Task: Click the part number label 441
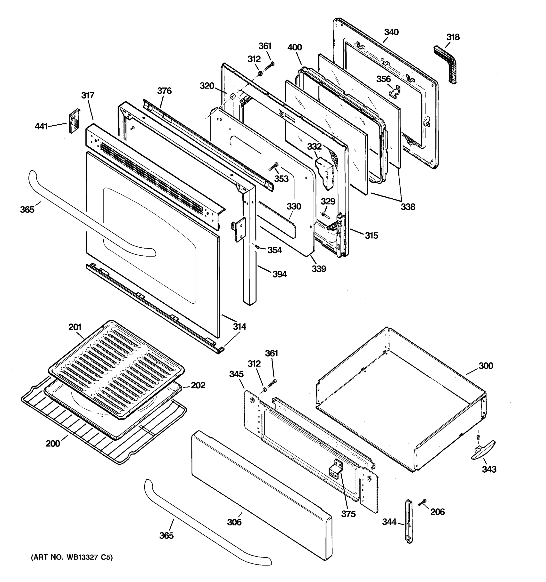coord(41,127)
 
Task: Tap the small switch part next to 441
coord(74,121)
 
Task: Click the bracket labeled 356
coord(395,90)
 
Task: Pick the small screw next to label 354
coord(257,247)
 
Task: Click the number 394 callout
coord(280,274)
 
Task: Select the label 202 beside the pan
coord(198,386)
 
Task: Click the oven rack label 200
coord(53,444)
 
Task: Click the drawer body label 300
coord(486,366)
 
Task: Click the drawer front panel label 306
coord(234,522)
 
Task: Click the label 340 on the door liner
coord(391,32)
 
